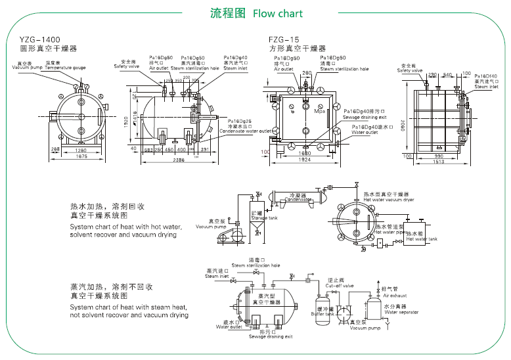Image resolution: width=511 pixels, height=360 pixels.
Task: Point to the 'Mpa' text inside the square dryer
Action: [320, 112]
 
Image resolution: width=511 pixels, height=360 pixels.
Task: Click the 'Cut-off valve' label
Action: [340, 286]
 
